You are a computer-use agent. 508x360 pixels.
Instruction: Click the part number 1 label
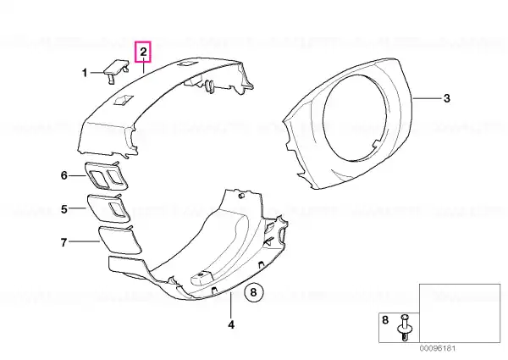(x=85, y=73)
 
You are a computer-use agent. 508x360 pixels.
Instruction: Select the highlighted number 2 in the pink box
(x=144, y=52)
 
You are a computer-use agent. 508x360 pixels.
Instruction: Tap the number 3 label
(x=447, y=98)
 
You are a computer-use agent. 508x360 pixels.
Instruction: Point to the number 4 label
(x=231, y=324)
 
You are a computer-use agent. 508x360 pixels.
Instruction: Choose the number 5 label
(x=64, y=209)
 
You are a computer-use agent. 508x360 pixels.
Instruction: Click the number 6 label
(x=64, y=175)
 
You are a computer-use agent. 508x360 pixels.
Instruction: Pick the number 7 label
(x=63, y=242)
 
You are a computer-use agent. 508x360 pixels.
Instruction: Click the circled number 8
(x=254, y=292)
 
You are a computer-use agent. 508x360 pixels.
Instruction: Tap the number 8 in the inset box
(x=385, y=320)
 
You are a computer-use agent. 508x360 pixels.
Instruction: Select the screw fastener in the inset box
(x=405, y=327)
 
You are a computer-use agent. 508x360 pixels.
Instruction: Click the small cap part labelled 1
(x=116, y=70)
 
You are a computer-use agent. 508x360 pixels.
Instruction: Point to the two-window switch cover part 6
(x=107, y=175)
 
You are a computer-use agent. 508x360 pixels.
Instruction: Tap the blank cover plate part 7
(x=119, y=240)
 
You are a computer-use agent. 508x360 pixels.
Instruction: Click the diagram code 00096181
(x=438, y=348)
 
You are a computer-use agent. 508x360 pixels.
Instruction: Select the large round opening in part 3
(x=355, y=117)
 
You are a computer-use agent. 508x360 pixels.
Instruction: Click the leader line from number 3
(x=427, y=98)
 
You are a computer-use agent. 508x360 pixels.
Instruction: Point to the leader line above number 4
(x=230, y=305)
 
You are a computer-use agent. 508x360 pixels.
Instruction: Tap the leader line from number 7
(x=84, y=241)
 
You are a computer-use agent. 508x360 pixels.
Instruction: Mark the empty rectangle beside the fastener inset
(x=460, y=313)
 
